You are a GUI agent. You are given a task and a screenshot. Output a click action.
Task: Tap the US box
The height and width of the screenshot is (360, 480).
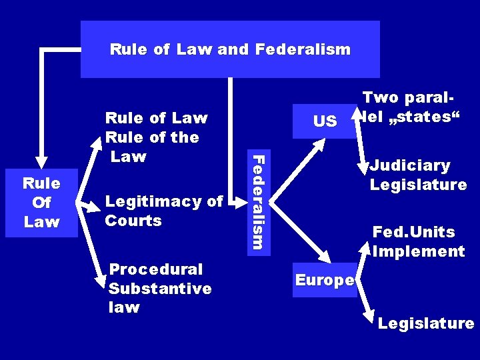click(325, 121)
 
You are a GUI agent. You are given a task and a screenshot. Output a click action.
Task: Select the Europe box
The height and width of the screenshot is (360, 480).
click(324, 281)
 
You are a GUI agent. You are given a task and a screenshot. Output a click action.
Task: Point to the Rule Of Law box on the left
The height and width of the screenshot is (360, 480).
click(42, 202)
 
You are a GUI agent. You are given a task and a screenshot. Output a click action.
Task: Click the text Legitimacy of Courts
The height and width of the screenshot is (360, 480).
click(164, 211)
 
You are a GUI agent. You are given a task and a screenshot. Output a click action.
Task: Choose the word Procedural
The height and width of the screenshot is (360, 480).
click(156, 269)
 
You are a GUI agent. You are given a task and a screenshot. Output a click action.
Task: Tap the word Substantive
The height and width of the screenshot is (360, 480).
click(160, 289)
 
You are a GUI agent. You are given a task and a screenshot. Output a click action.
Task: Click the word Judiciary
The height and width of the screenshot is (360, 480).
click(411, 165)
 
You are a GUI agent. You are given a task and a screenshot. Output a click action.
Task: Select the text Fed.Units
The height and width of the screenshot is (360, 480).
click(413, 232)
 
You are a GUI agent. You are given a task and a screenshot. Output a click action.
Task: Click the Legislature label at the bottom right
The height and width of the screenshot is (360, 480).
click(426, 324)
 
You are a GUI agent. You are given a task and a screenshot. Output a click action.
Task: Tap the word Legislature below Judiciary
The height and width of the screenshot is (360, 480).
click(418, 185)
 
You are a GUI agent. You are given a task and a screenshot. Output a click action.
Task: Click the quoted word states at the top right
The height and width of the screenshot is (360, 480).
click(419, 117)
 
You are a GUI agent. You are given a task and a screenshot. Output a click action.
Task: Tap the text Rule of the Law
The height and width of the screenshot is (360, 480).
click(152, 146)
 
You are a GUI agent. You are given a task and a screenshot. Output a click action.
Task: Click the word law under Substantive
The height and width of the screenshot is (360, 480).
click(124, 307)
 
